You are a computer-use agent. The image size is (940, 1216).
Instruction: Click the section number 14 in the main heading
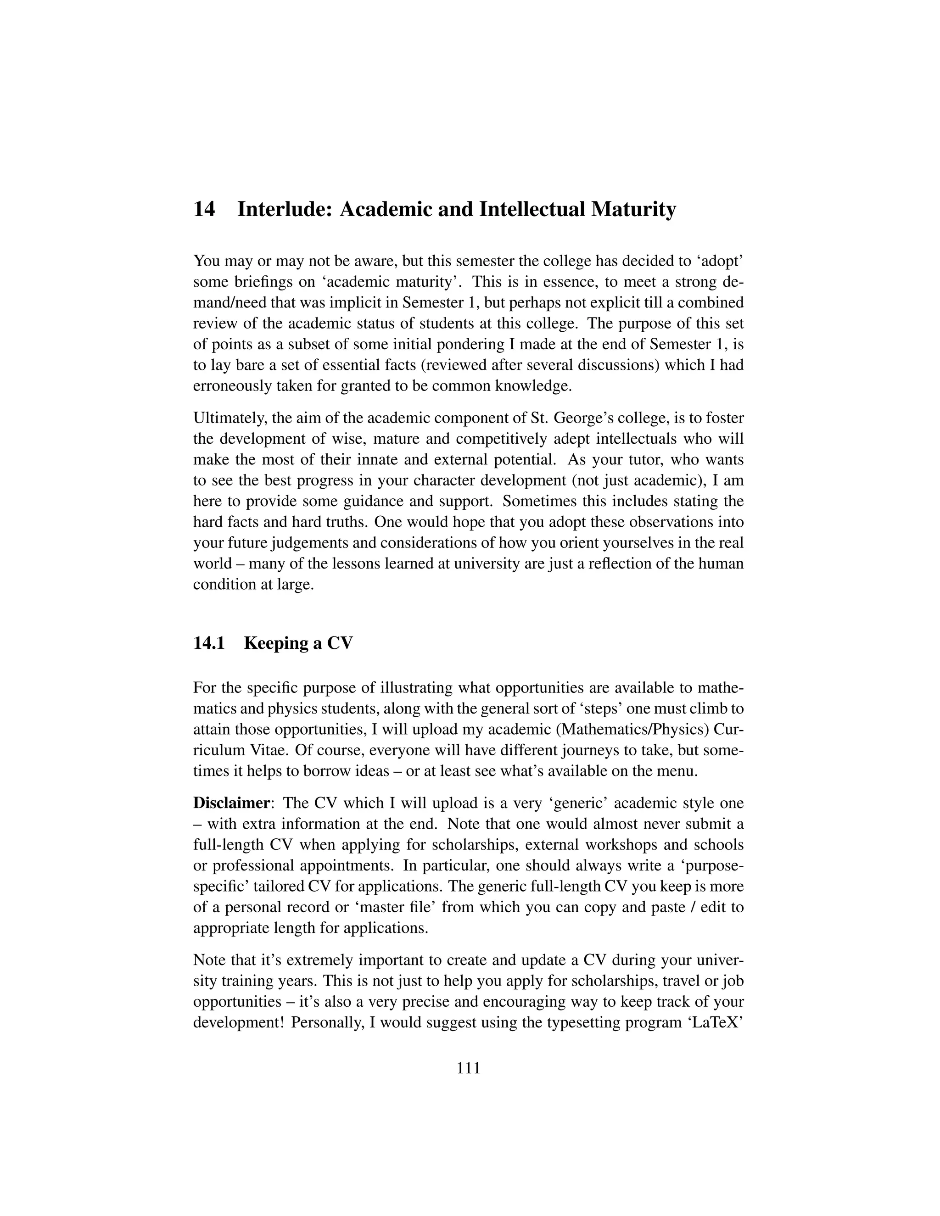[x=204, y=210]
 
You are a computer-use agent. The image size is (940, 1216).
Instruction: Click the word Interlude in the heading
[x=285, y=210]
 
